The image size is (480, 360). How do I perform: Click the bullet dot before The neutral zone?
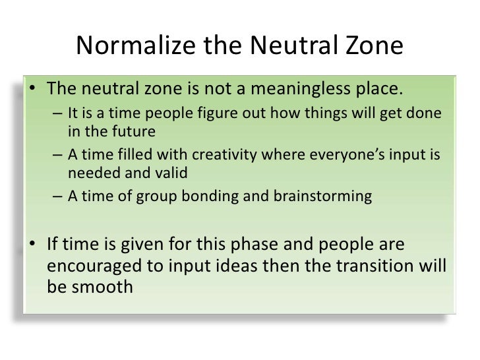click(32, 90)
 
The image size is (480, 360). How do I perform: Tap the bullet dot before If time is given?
click(32, 245)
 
